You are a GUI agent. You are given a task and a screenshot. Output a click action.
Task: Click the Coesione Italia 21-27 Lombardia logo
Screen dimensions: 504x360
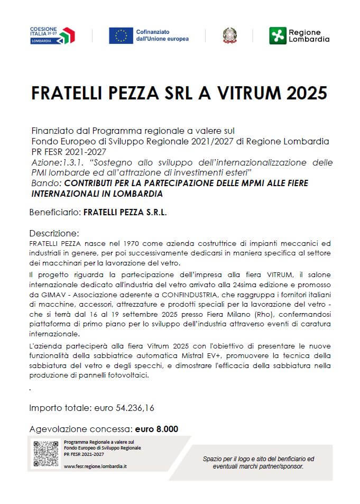click(52, 35)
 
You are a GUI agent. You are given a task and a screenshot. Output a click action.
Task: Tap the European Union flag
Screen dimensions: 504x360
click(121, 35)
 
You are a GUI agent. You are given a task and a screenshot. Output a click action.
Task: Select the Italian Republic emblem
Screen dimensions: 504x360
click(229, 35)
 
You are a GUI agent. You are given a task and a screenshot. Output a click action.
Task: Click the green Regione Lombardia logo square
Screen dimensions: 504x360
click(277, 35)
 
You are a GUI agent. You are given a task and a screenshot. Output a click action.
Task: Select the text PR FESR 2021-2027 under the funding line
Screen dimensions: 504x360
click(68, 152)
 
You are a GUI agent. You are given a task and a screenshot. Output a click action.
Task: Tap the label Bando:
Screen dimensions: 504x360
click(45, 183)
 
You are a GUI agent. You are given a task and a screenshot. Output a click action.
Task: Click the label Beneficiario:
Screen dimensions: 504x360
click(55, 212)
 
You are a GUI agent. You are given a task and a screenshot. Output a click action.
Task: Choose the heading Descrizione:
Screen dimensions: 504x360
click(54, 233)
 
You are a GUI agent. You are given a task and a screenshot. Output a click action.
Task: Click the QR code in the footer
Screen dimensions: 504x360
click(46, 454)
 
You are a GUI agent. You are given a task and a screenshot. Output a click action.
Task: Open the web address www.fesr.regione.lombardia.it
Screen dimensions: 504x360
click(95, 466)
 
